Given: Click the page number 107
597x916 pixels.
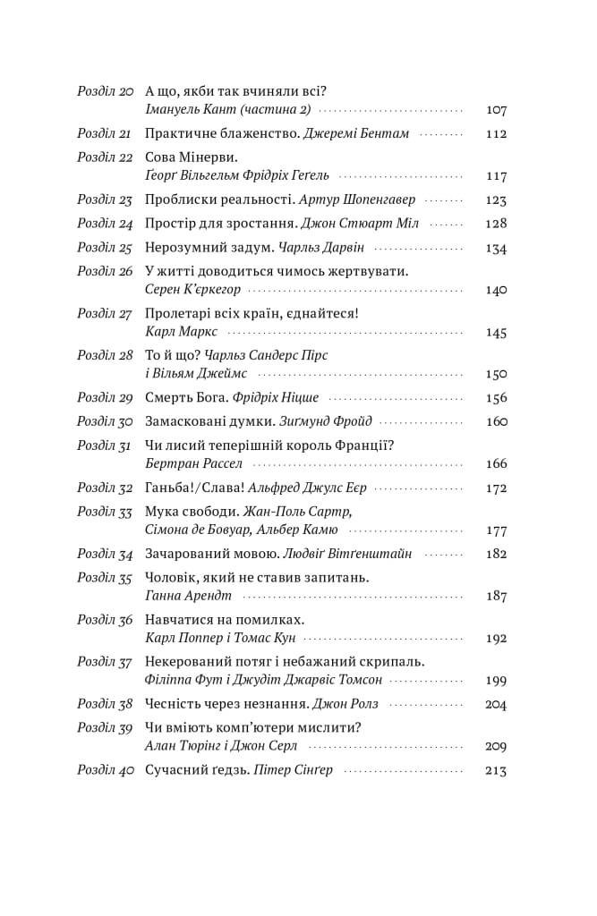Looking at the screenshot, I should (495, 110).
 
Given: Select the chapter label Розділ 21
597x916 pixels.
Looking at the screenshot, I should (105, 133).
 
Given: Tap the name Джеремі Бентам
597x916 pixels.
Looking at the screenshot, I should (355, 133).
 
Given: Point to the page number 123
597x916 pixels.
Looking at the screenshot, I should (495, 200).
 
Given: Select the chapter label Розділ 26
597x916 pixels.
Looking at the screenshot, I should (105, 270).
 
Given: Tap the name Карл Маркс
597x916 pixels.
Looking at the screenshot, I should (175, 331).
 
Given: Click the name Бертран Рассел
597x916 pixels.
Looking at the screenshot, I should (192, 463).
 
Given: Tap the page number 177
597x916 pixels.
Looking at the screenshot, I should (495, 530).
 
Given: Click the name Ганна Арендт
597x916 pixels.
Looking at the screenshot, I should (175, 596).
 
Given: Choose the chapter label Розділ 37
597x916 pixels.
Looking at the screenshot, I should (105, 662).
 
